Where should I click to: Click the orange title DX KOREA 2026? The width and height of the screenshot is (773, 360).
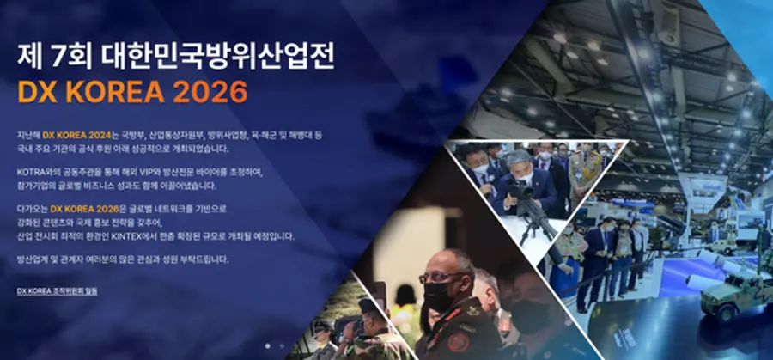[x=132, y=91]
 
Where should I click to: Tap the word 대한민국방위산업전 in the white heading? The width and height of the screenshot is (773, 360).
[x=218, y=57]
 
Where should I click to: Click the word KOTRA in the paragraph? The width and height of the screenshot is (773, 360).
[x=29, y=173]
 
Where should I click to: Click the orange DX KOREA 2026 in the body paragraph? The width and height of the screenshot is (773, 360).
[x=85, y=209]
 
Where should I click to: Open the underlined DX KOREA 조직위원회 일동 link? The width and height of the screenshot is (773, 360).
[x=58, y=291]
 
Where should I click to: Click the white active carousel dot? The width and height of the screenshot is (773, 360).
[x=268, y=346]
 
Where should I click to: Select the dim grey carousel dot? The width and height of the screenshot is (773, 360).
[x=282, y=346]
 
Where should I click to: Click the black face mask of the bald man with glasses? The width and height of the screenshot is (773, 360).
[x=439, y=296]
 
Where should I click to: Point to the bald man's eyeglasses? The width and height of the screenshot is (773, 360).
[x=441, y=278]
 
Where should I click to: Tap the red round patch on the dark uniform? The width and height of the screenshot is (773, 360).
[x=458, y=342]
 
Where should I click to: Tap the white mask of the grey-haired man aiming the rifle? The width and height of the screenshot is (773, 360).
[x=524, y=176]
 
